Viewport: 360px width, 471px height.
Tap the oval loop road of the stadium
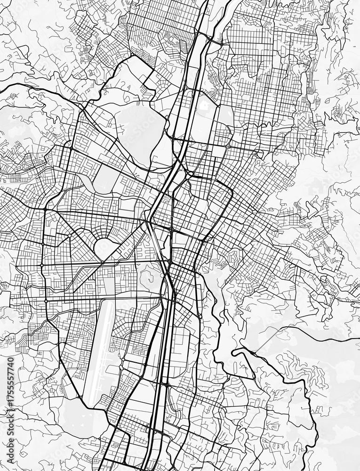pyautogui.click(x=103, y=248)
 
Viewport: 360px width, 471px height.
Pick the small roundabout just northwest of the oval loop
pyautogui.click(x=69, y=235)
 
